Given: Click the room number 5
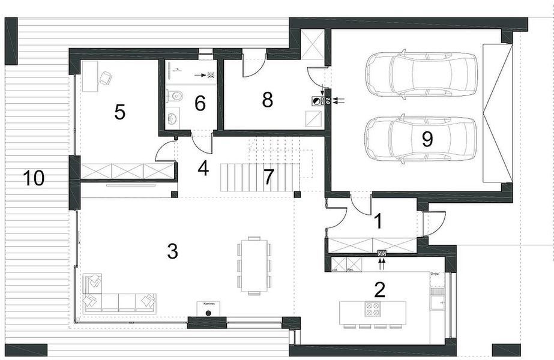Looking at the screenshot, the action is click(x=120, y=112).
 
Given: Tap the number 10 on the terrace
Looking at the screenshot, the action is click(x=34, y=178).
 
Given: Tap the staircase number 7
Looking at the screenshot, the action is click(x=268, y=177).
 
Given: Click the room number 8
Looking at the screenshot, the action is click(x=268, y=100).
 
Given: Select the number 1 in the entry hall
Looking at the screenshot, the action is click(x=378, y=221).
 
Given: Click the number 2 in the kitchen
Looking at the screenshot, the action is click(x=379, y=291).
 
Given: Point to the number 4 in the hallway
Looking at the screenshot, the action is click(x=203, y=169).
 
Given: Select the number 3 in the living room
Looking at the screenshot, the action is click(x=172, y=251).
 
